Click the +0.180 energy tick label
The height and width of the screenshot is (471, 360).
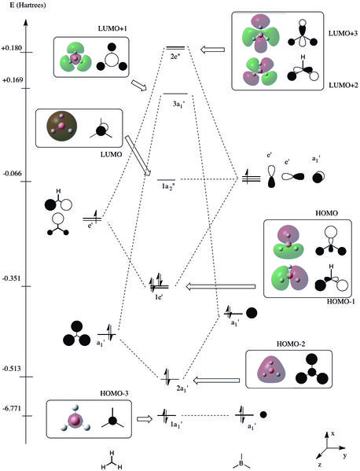coord(12,48)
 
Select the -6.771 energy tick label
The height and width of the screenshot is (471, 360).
coord(12,409)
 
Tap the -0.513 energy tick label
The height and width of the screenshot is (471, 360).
coord(12,369)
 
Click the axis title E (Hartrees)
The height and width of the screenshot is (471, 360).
coord(28,5)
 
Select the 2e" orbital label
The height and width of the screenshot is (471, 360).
coord(174,57)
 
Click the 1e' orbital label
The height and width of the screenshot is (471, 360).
coord(159,298)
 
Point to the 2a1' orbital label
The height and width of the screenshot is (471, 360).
coord(182,388)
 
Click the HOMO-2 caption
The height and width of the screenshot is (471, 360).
coord(291,344)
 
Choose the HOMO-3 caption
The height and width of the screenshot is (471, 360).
coord(114,393)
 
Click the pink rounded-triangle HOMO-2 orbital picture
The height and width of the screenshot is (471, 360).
coord(272,370)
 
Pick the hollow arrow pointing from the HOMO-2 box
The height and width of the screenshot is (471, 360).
coord(216,381)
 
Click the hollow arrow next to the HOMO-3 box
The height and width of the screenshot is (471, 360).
coord(145,419)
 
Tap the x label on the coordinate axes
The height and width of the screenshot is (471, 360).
coord(332,434)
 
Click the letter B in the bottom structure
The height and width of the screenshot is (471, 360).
coord(241,463)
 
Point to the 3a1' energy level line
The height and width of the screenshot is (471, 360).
coord(175,94)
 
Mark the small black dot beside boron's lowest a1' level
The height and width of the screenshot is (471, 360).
coord(263,415)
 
